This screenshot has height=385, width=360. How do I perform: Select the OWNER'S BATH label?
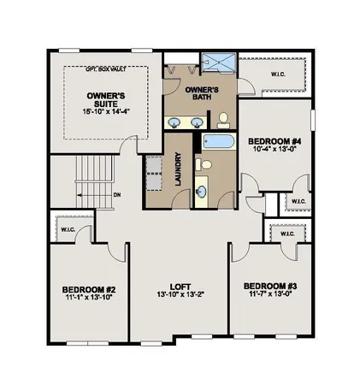click(x=202, y=94)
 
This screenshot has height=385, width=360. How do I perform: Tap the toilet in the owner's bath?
click(x=223, y=119)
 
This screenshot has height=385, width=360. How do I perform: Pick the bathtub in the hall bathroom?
click(x=218, y=143)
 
